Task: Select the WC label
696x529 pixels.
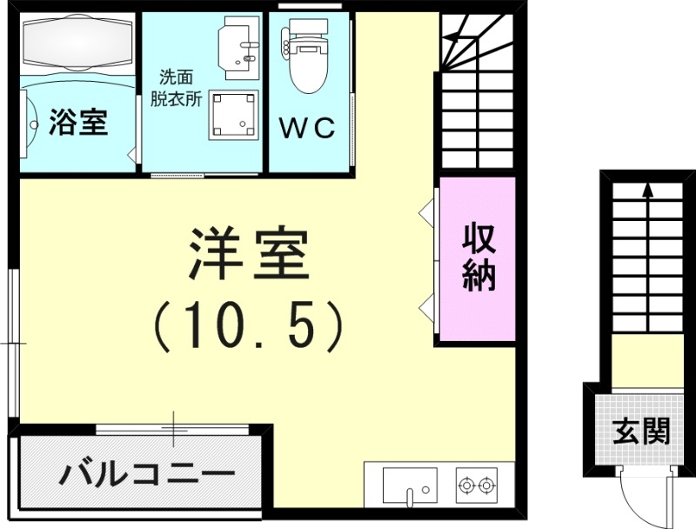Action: coord(306,128)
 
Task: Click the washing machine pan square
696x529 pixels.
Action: coord(232,114)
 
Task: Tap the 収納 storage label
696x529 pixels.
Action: coord(478,256)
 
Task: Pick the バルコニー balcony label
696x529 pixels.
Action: coord(148,474)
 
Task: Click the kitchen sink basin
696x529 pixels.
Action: coord(409,484)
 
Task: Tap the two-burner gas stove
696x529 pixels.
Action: coord(476,484)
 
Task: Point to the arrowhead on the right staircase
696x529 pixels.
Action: coord(647,187)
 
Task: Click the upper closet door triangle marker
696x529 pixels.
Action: coord(426,211)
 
